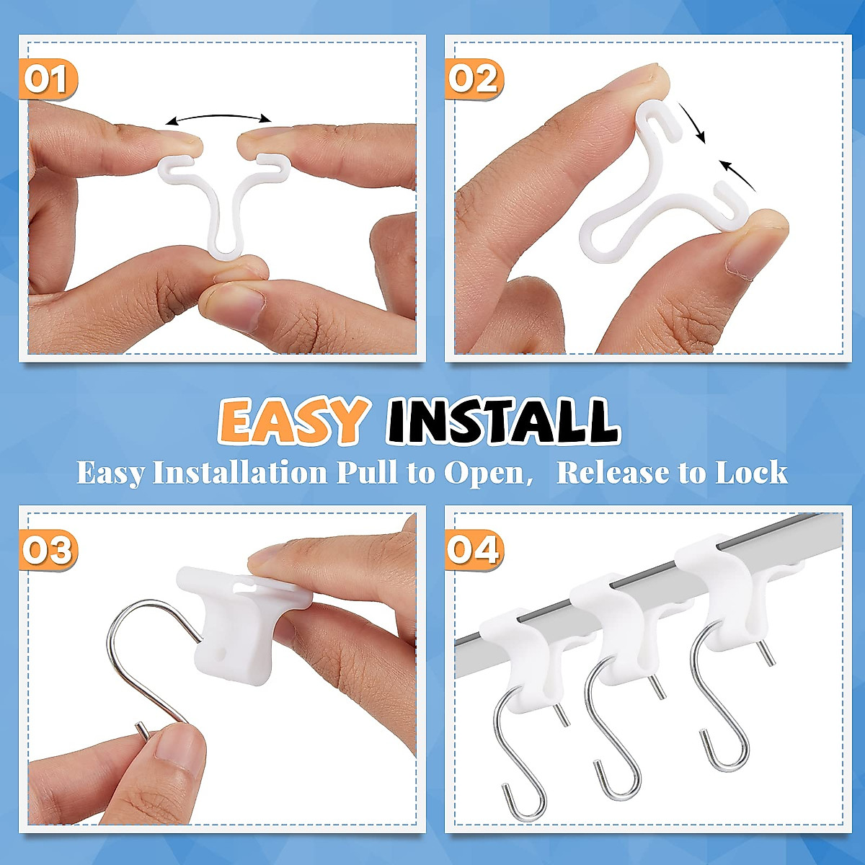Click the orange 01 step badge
[47, 79]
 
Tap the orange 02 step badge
[474, 78]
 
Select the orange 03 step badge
[48, 551]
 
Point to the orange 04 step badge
[474, 550]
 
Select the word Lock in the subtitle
[751, 473]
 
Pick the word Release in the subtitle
[613, 473]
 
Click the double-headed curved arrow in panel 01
[218, 117]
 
